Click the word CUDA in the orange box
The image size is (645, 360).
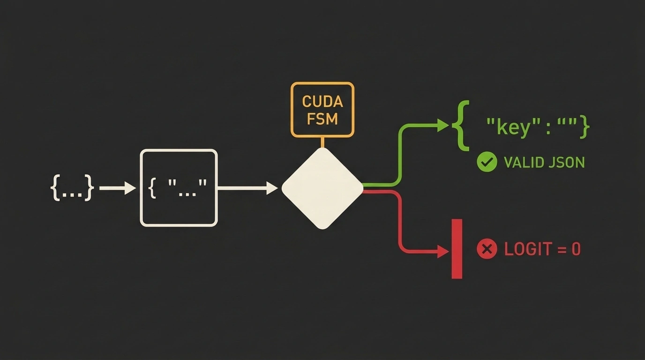click(322, 101)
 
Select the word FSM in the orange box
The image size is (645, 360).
click(322, 119)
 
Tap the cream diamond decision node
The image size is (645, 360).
click(322, 188)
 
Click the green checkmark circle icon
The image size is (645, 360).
click(487, 162)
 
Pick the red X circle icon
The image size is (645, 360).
click(487, 249)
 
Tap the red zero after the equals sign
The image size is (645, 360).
click(576, 249)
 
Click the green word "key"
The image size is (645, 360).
click(513, 127)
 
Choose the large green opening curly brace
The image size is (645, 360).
click(461, 126)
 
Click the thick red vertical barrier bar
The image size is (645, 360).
click(457, 249)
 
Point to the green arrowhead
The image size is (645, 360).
click(443, 126)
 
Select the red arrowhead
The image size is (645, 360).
click(443, 251)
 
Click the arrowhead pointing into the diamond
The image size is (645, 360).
click(272, 188)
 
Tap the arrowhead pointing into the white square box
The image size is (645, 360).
click(130, 188)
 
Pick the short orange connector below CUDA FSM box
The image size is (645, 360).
click(322, 142)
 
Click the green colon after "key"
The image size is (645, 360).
click(548, 129)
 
